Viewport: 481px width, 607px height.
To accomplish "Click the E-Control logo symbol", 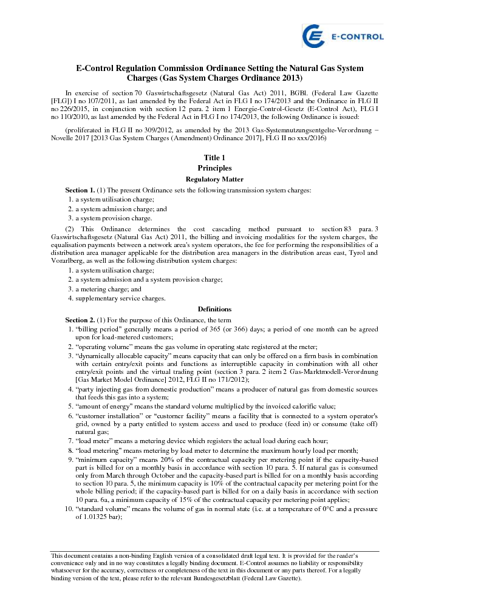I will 314,36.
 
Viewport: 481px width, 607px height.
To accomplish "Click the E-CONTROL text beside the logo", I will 356,37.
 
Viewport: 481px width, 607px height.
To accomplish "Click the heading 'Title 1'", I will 214,158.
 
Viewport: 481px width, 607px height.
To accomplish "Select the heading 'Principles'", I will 214,168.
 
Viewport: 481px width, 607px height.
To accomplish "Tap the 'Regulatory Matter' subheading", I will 214,179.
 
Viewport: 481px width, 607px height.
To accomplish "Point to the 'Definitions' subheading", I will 214,310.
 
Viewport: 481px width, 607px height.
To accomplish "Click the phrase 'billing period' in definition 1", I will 97,329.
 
